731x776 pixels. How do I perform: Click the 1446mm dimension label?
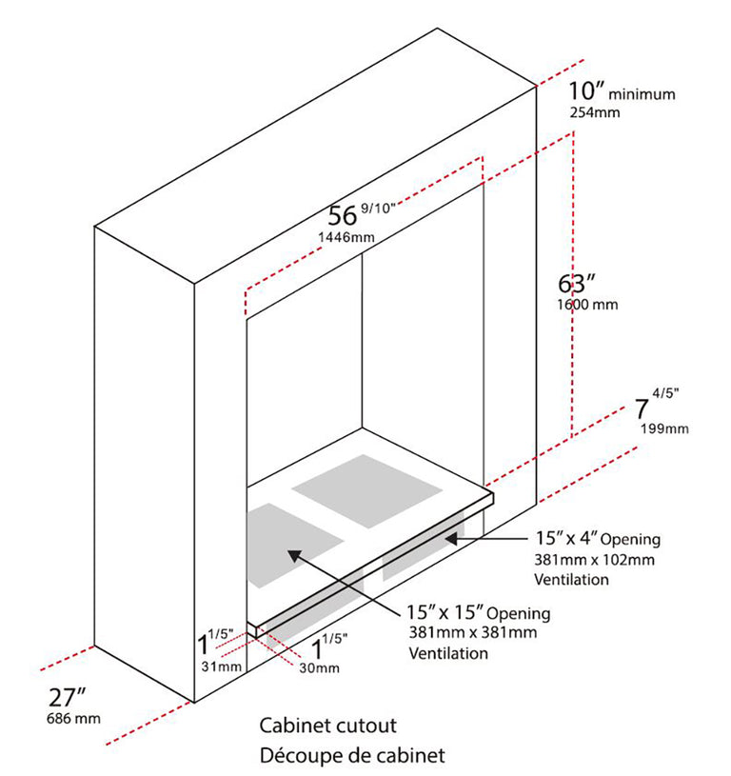pos(346,237)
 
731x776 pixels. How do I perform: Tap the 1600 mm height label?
pos(587,305)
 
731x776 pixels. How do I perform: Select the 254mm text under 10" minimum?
pos(595,112)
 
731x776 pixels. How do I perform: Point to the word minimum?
pos(642,94)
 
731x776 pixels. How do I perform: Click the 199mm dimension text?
pos(664,428)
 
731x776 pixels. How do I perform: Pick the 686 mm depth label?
pos(73,718)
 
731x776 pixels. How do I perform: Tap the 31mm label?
pos(221,667)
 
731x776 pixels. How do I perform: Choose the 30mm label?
pos(320,668)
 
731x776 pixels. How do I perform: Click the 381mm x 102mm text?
pos(594,560)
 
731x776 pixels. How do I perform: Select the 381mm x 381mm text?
pos(473,632)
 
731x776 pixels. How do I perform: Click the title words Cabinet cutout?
pos(328,726)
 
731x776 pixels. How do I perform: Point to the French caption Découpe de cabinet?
pos(352,756)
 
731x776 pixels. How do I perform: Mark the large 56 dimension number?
pos(343,216)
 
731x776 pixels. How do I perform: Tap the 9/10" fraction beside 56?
pos(379,208)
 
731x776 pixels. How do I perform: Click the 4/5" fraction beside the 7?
pos(665,393)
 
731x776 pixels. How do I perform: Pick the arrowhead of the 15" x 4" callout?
pos(451,539)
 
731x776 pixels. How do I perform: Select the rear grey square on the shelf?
pos(366,491)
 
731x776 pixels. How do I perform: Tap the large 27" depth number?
pos(68,698)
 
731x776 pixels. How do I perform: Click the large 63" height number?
pos(577,284)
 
